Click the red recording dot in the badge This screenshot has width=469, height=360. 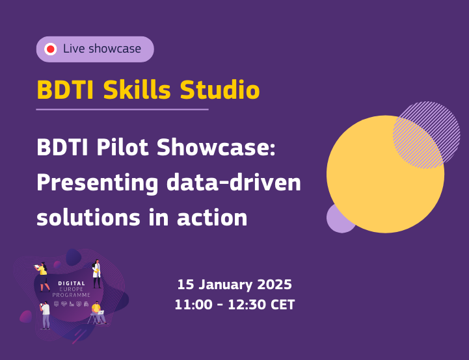tap(50, 49)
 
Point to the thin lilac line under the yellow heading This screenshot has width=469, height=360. tap(122, 109)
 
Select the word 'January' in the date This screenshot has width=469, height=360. tap(224, 285)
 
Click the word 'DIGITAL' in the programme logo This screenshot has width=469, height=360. tap(72, 284)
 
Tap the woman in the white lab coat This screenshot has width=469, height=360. tap(97, 273)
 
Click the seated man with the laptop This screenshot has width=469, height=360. tap(98, 313)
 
